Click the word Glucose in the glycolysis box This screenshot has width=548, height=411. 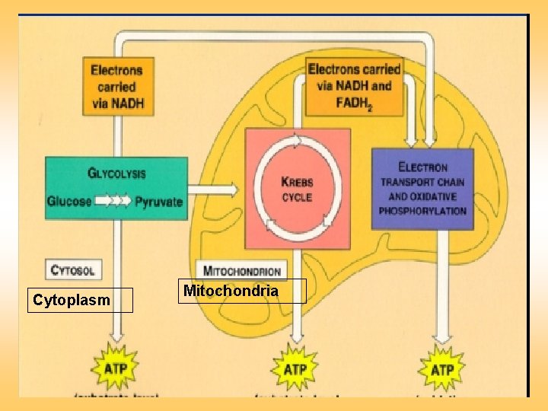coord(69,202)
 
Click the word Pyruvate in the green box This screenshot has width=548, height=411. coord(159,202)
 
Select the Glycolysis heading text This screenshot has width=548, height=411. coord(116,174)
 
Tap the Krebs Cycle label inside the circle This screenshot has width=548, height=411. coord(297,190)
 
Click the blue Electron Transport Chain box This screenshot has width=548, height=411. coord(422,189)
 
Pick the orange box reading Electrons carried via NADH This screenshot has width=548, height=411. coord(117,86)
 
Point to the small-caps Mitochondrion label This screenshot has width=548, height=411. coord(243,271)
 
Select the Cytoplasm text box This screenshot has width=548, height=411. coord(80,301)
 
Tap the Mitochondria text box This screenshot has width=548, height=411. coord(242,291)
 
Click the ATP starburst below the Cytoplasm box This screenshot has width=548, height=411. coord(115,370)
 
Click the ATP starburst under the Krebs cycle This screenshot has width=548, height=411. coord(295,370)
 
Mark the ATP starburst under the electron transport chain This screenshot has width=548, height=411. coord(443,370)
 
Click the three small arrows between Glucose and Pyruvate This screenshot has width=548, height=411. coord(113,202)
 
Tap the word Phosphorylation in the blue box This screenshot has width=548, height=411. coord(422,211)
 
